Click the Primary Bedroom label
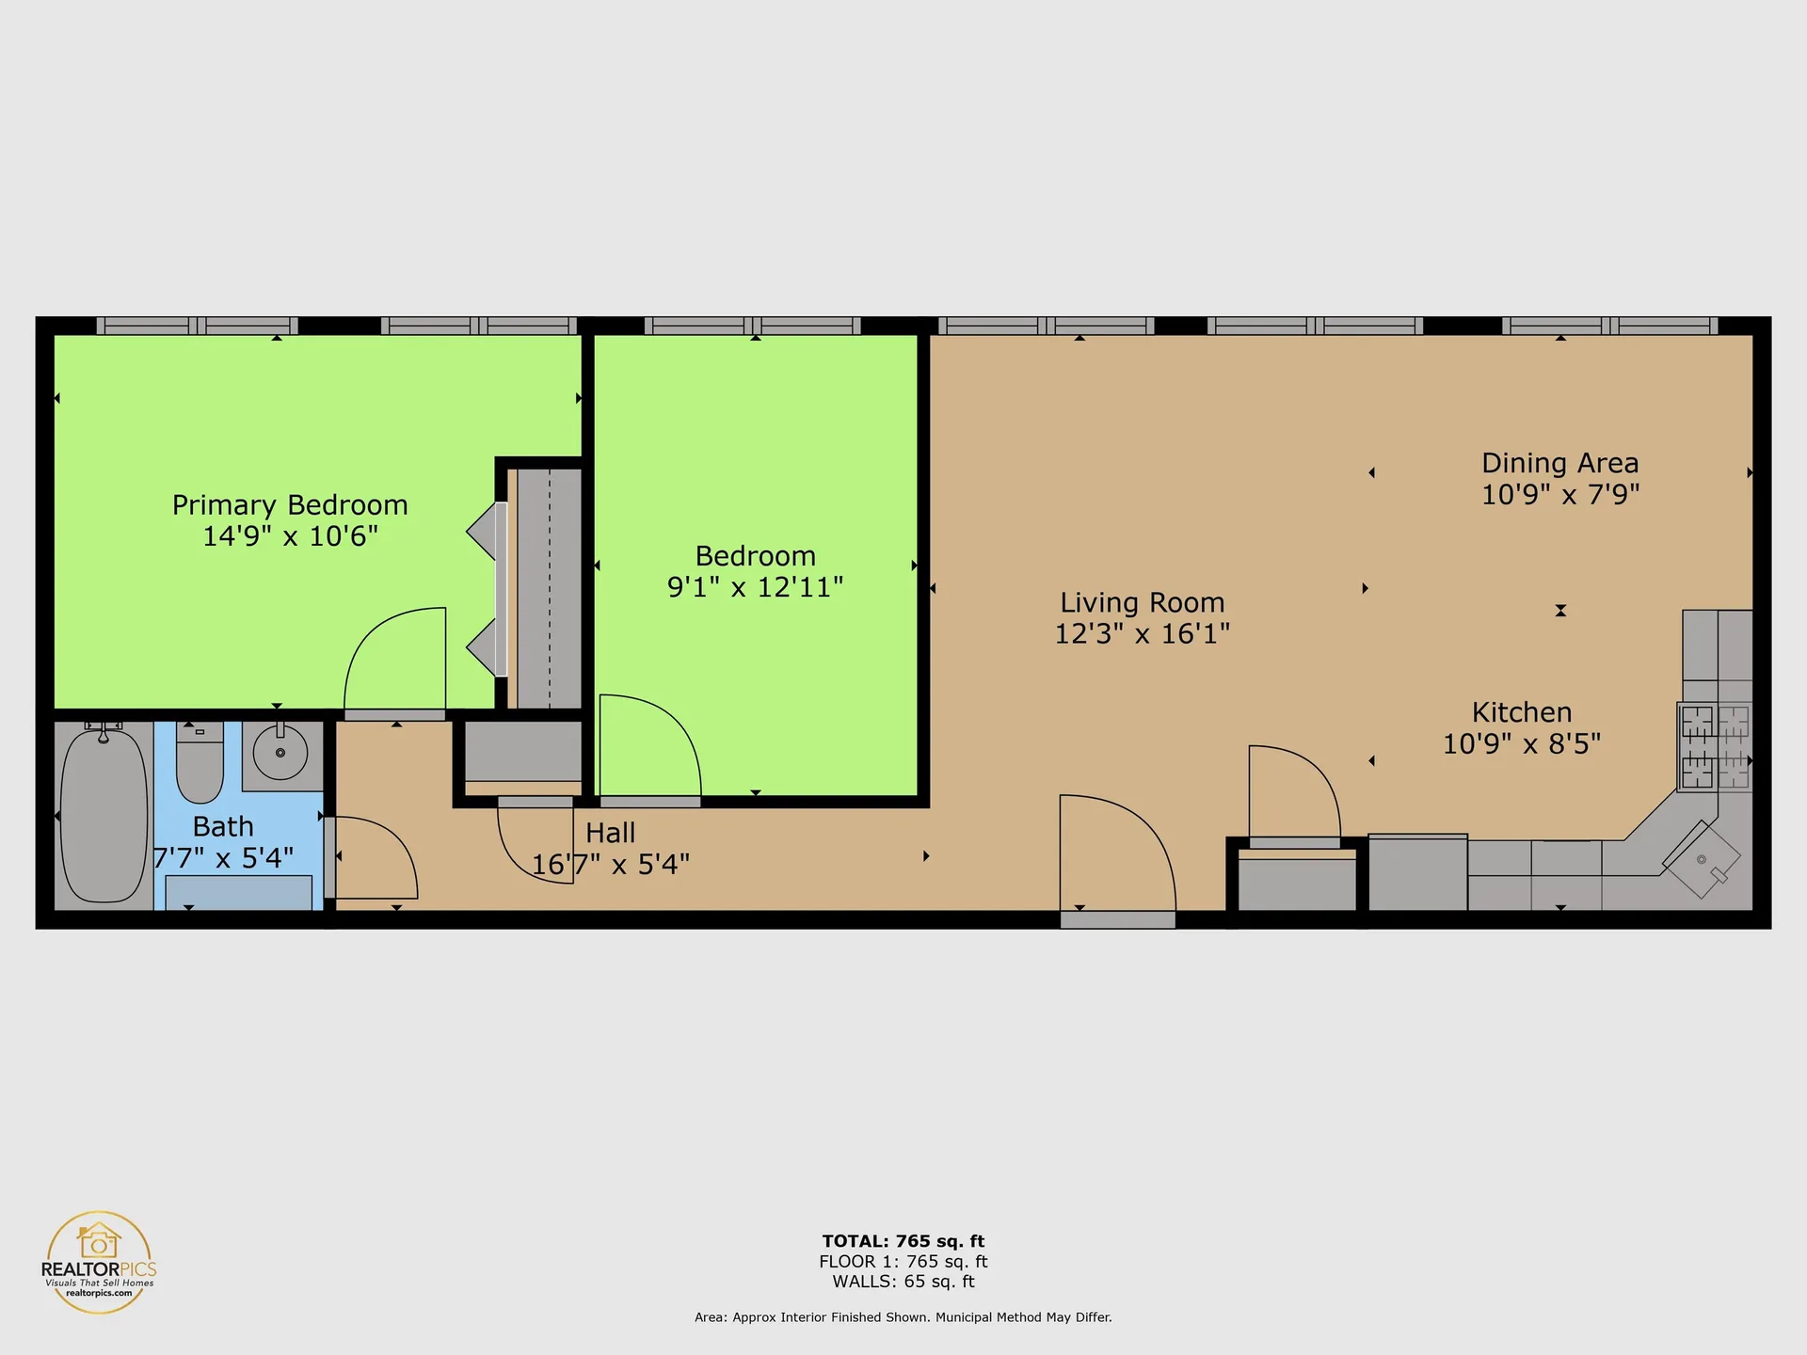pos(290,505)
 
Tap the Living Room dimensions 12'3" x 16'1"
pos(1143,633)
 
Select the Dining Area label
pos(1560,463)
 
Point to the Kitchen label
pos(1522,712)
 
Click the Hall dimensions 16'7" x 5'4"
pos(611,864)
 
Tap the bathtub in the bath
pos(104,815)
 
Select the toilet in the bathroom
pos(200,761)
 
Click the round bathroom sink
pos(280,752)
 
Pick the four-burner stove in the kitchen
pos(1715,747)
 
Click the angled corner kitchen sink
pos(1702,860)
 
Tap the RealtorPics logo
pos(99,1262)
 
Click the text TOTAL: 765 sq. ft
pos(903,1241)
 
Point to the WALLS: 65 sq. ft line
pos(903,1282)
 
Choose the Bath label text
pos(223,826)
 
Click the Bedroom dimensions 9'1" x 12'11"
pos(755,587)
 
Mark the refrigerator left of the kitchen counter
pos(1417,872)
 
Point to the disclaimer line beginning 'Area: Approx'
pos(903,1317)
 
